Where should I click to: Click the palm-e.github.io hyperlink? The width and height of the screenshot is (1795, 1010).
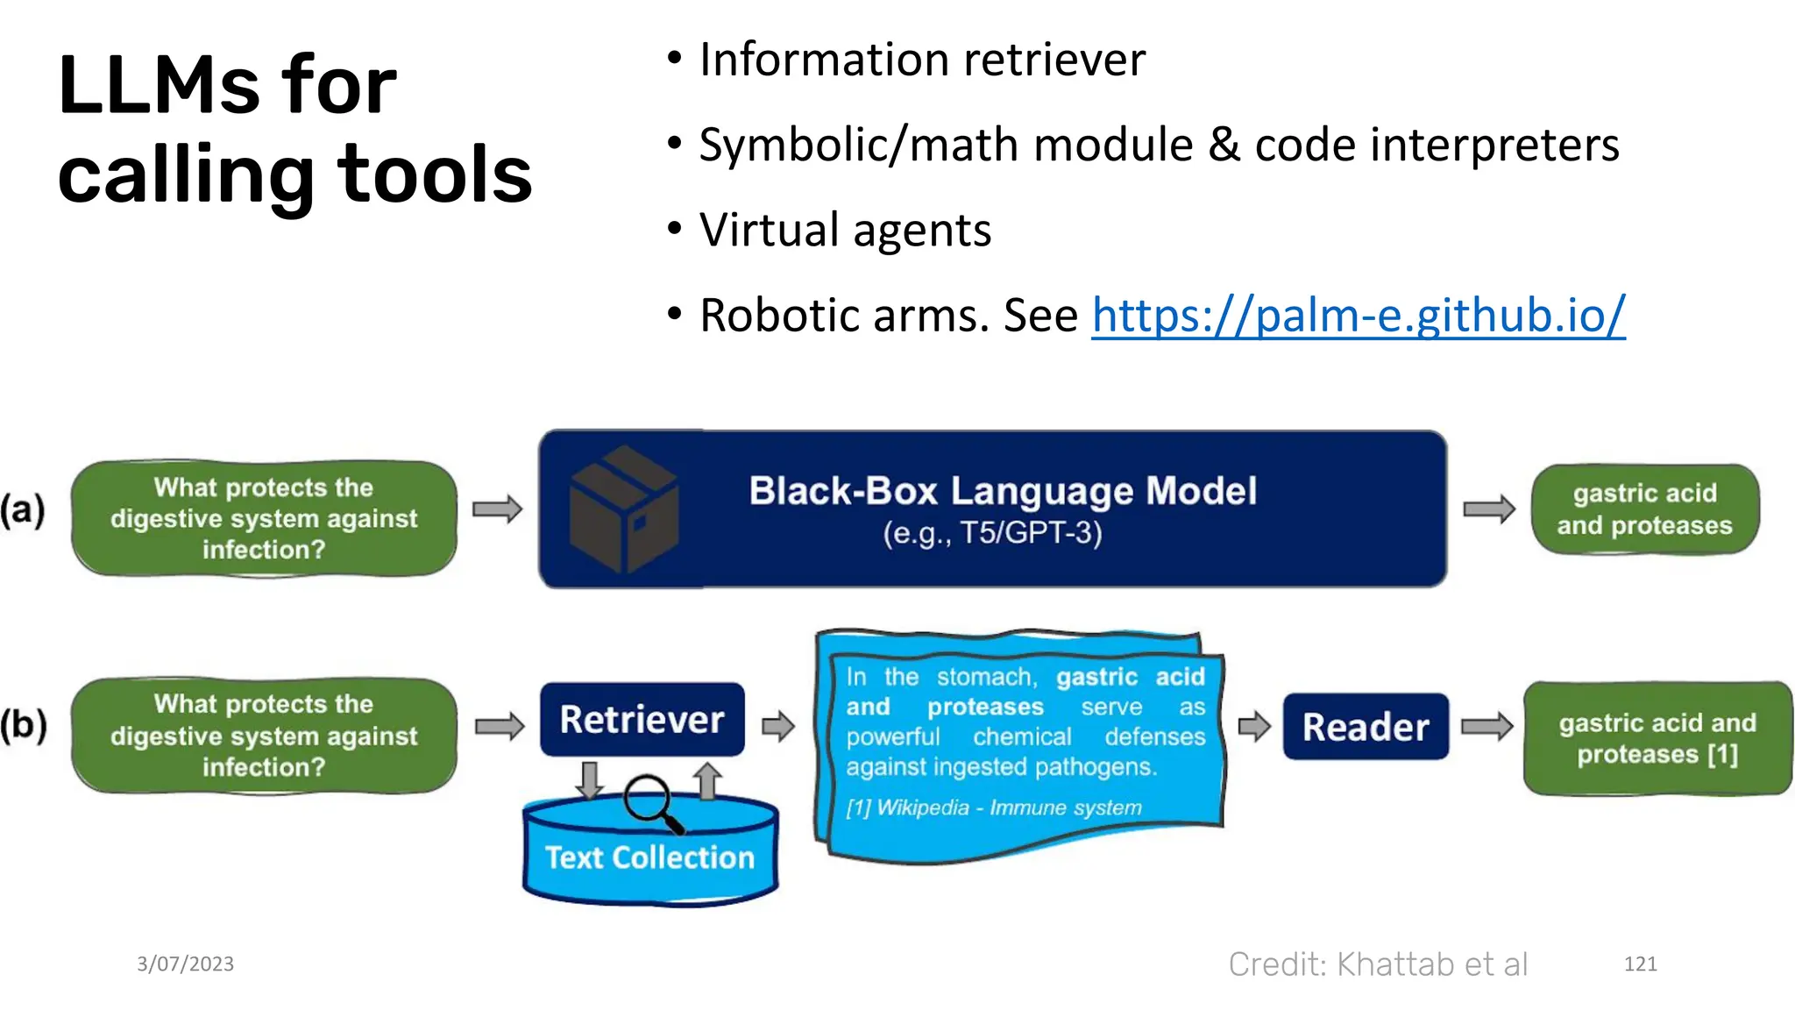pos(1358,315)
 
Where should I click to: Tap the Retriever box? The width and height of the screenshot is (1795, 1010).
pos(642,720)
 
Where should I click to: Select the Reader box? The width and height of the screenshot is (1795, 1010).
pos(1365,727)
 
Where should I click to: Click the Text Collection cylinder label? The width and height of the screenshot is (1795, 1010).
pos(649,857)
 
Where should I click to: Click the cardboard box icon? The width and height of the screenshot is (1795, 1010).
pos(623,509)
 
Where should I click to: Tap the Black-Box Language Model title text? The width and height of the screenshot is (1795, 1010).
pos(1003,491)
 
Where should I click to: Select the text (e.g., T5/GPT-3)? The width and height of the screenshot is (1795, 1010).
pos(992,533)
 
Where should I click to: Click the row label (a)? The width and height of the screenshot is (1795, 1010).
pos(23,509)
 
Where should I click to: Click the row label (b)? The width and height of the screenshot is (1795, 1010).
pos(23,726)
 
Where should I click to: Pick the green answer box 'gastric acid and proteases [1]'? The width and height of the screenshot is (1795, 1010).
pos(1657,738)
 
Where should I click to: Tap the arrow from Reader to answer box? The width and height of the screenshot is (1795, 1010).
pos(1487,726)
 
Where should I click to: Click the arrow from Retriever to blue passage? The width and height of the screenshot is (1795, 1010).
pos(777,726)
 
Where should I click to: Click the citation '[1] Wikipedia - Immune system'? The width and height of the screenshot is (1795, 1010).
pos(993,807)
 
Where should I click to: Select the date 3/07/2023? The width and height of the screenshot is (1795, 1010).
pos(185,964)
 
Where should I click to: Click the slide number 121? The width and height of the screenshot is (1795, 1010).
pos(1640,964)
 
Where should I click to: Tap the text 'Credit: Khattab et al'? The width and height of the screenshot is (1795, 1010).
pos(1378,964)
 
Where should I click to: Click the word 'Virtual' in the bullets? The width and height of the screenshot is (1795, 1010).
pos(768,231)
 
